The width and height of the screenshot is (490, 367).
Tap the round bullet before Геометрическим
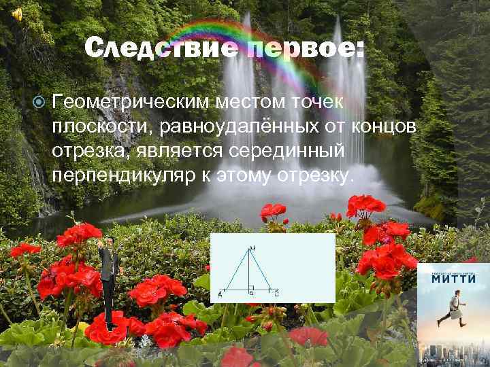coord(39,103)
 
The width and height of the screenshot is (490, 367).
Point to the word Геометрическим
coord(130,103)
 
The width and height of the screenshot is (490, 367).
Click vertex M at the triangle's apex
coord(252,247)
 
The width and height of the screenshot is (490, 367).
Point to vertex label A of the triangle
coord(220,294)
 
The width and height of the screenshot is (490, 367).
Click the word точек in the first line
coord(321,103)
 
